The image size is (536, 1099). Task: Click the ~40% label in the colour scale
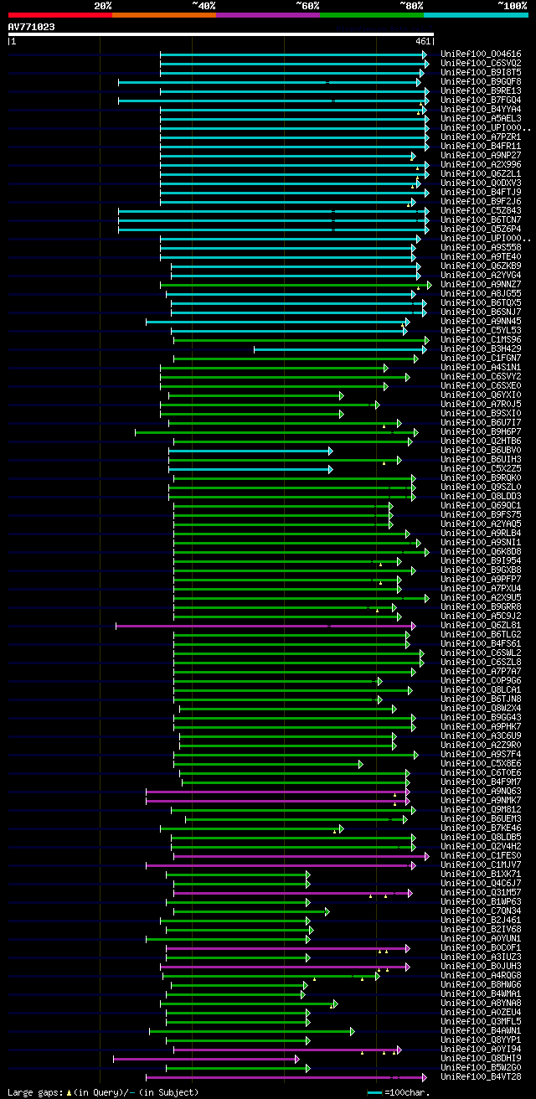point(204,5)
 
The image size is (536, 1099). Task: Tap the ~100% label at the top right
point(512,5)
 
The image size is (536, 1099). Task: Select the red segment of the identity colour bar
point(59,14)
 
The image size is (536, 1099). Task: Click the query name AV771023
point(32,27)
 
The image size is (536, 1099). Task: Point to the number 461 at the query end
point(422,40)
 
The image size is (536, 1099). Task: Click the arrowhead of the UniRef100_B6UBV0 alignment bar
point(331,451)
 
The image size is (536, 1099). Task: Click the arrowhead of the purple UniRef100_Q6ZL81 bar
point(413,625)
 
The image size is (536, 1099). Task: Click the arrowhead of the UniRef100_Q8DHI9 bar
point(297,1059)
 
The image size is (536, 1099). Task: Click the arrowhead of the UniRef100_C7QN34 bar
point(327,911)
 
